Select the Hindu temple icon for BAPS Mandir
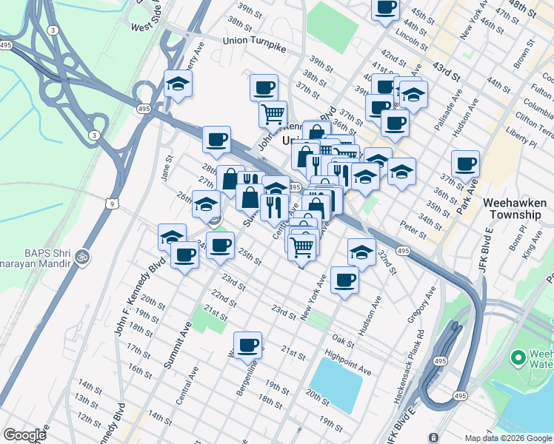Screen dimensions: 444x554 pyautogui.click(x=83, y=258)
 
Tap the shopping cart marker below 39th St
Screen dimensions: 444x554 pyautogui.click(x=273, y=114)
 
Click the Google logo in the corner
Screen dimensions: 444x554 pyautogui.click(x=24, y=435)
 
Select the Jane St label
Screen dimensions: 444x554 pyautogui.click(x=168, y=168)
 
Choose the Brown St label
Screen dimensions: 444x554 pyautogui.click(x=524, y=53)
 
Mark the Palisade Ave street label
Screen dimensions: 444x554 pyautogui.click(x=447, y=118)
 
